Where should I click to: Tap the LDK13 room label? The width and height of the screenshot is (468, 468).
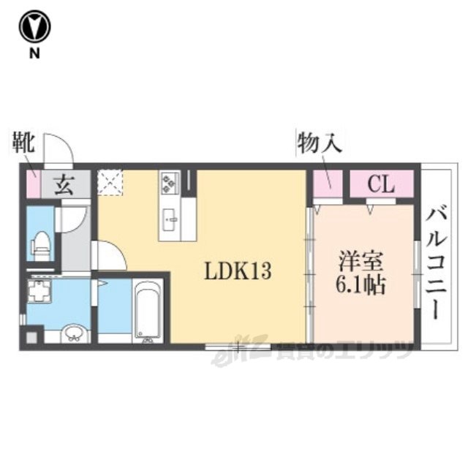coord(238,271)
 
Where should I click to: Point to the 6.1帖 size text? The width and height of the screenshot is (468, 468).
coord(362,283)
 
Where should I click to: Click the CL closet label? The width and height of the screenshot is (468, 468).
coord(381,184)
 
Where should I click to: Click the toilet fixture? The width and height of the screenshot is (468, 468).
coord(42,244)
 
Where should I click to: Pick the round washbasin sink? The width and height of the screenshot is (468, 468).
coord(74,333)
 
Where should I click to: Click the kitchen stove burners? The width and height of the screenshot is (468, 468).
coord(169,184)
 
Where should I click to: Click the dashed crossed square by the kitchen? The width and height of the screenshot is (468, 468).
coord(111,183)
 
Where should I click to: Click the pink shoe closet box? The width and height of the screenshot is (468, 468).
coord(31,184)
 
